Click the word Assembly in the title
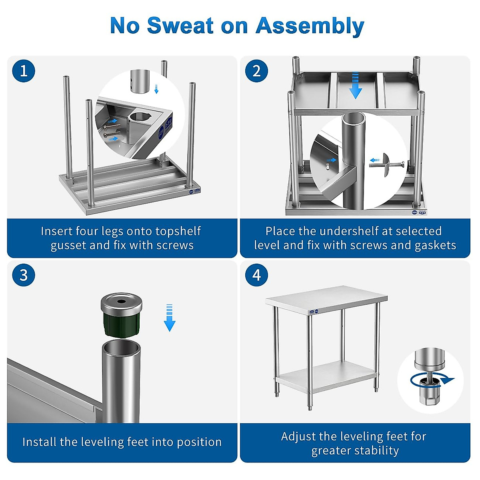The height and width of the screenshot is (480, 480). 310,26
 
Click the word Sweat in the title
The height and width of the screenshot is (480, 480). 180,26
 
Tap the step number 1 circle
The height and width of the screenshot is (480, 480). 24,71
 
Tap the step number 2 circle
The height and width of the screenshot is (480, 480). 256,71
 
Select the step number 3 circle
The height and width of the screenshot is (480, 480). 24,275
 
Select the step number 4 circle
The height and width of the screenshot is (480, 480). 256,275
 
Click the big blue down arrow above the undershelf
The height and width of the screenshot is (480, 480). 355,86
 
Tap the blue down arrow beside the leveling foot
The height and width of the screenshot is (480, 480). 170,318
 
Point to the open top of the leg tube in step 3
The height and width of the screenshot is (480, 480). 121,347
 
